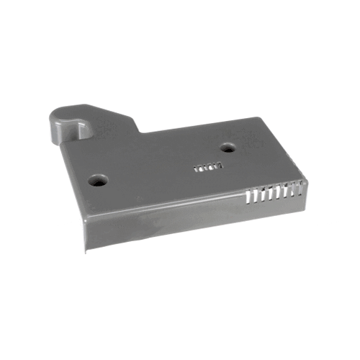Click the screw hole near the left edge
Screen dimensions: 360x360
[x=97, y=181]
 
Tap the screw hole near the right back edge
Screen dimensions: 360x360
[x=228, y=148]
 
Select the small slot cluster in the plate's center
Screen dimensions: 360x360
[x=208, y=168]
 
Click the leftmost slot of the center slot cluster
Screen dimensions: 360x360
[x=197, y=169]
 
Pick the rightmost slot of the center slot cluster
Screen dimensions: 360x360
[x=220, y=166]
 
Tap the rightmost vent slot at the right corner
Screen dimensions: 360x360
[x=300, y=188]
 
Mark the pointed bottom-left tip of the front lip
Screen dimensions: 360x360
[x=85, y=251]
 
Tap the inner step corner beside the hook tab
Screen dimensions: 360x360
[x=141, y=133]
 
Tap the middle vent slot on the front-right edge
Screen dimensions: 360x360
[x=274, y=192]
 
